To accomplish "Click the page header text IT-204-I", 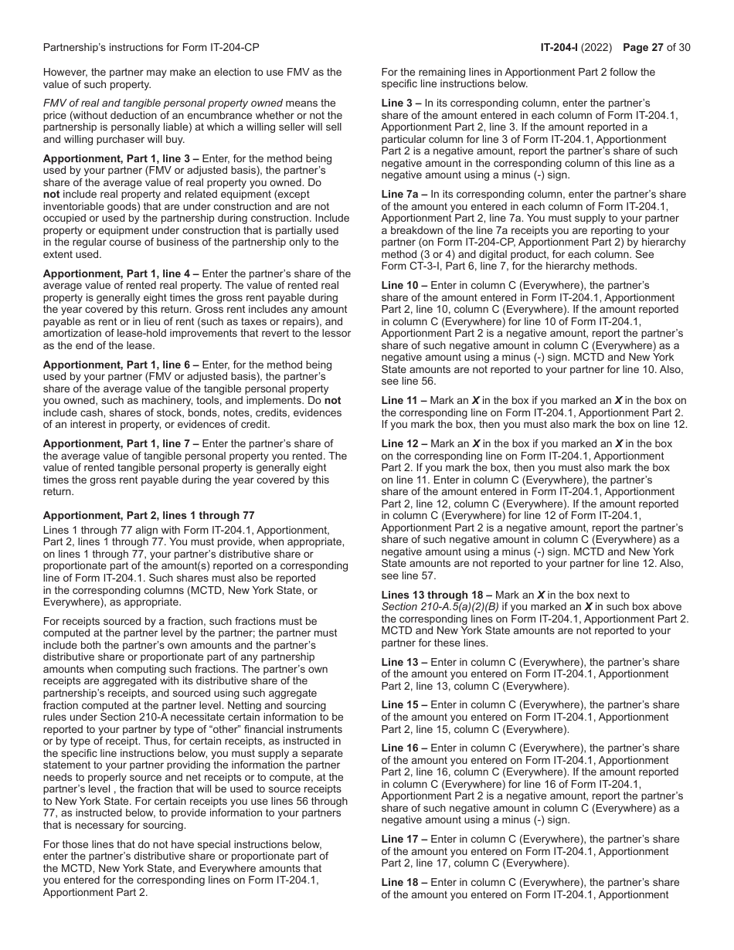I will (562, 48).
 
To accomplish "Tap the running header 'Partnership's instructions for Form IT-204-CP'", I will (151, 48).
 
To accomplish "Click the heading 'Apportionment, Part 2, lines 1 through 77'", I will (148, 516).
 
